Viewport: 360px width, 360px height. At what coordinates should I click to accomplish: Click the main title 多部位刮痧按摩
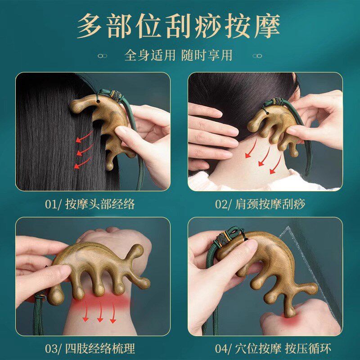click(178, 26)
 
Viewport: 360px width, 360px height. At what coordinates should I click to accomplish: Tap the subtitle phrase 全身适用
click(150, 55)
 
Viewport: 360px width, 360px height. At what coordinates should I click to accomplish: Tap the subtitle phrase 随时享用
click(207, 55)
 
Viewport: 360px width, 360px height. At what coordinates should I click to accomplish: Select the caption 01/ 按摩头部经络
click(90, 204)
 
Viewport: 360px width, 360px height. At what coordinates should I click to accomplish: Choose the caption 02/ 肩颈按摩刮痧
click(260, 204)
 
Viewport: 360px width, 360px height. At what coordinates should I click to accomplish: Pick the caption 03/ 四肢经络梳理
click(90, 348)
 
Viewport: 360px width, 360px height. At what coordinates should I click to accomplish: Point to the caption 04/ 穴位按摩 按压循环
click(273, 348)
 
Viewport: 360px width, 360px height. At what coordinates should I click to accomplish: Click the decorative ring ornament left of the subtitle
click(103, 56)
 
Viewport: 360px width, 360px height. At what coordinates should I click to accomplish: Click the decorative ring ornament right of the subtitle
click(257, 56)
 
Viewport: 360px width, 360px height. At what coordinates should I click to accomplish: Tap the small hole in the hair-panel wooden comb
click(98, 101)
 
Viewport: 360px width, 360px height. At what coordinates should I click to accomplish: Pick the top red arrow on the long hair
click(84, 136)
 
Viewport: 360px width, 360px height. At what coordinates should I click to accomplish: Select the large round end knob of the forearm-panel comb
click(55, 296)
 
